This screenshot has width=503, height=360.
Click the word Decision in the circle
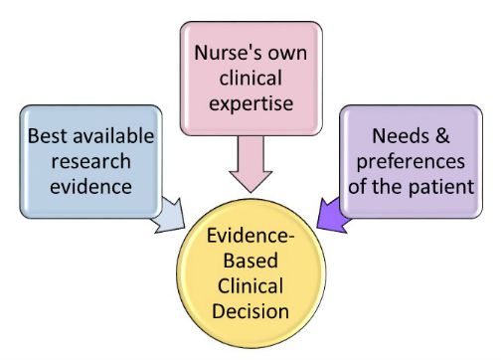pyautogui.click(x=252, y=310)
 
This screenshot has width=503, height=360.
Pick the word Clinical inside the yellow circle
pyautogui.click(x=252, y=285)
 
